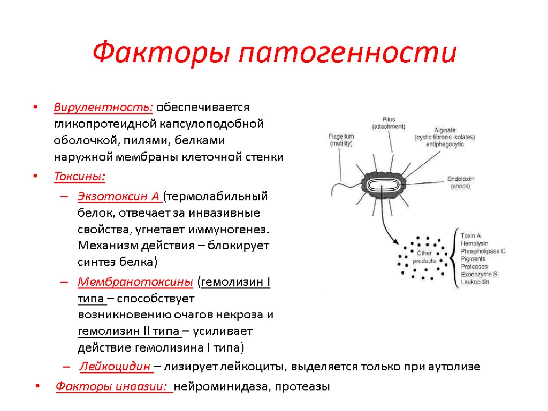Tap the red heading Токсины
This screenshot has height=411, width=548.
(x=79, y=177)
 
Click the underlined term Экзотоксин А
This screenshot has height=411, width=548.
(x=120, y=196)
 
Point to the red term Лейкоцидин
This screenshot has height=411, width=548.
(x=116, y=367)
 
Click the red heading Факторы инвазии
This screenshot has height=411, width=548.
(x=113, y=386)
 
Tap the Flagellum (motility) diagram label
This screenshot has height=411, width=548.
(x=341, y=140)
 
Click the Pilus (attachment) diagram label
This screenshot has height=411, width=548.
(x=389, y=123)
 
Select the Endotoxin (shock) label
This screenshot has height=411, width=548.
(x=460, y=182)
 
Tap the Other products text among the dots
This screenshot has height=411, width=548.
(x=424, y=257)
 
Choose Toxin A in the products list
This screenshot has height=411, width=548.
(x=470, y=235)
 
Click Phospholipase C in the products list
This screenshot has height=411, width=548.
(x=483, y=251)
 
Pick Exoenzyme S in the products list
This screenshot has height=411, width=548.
(x=479, y=274)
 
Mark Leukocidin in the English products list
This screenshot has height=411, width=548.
(x=475, y=282)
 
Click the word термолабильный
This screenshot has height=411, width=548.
(x=217, y=196)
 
